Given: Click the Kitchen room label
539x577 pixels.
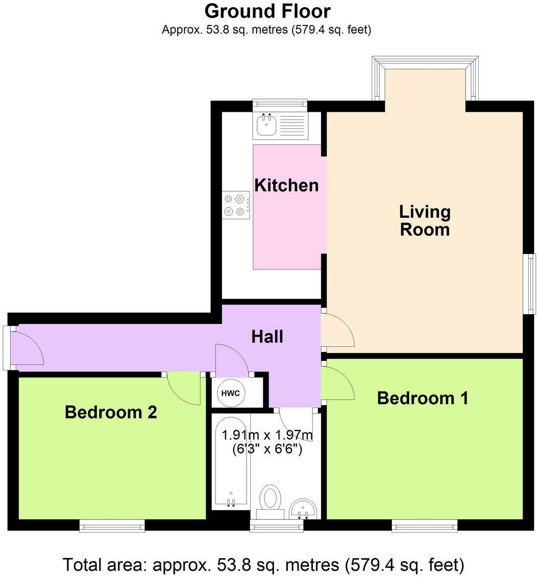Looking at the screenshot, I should [286, 185].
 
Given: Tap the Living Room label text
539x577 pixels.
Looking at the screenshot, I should [425, 220].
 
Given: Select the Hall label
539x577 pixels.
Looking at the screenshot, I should [267, 337].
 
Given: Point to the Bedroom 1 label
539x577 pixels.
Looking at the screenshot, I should [422, 398].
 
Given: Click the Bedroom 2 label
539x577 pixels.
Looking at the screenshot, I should [111, 412].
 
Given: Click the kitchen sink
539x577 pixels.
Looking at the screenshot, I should [267, 125].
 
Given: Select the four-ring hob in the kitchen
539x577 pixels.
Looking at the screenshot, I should [236, 205].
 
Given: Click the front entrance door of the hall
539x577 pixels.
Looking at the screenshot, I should [27, 348].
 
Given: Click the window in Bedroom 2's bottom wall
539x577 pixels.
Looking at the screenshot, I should [112, 525].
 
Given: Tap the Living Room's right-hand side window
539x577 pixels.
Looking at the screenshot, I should [531, 284].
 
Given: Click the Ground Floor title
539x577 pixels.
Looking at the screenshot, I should [267, 11].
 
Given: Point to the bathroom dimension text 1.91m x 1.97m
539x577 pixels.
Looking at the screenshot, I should [266, 436].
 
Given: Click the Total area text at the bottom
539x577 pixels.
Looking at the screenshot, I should [263, 565].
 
